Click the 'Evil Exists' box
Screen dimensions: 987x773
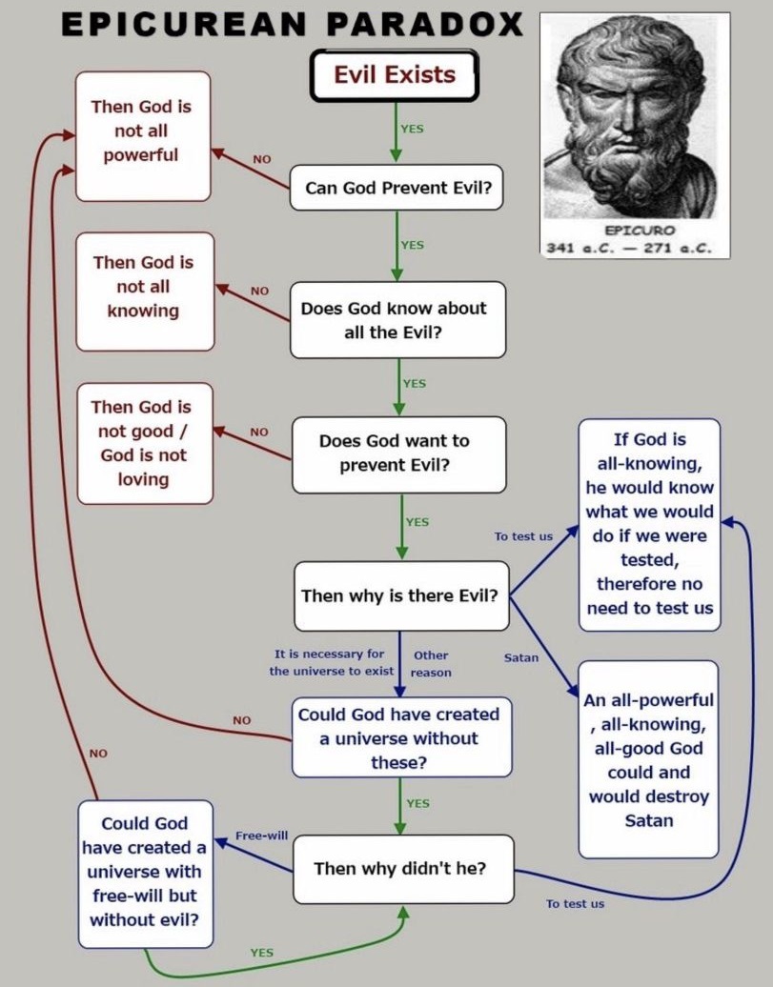click(x=394, y=75)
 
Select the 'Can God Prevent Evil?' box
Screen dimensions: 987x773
click(x=398, y=188)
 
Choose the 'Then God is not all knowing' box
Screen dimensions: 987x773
click(x=143, y=287)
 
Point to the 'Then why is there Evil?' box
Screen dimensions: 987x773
click(x=399, y=596)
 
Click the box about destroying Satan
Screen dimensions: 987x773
click(x=648, y=759)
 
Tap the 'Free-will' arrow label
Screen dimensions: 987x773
click(x=262, y=836)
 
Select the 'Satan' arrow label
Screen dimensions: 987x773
click(x=521, y=657)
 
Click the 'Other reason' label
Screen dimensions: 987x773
click(x=431, y=664)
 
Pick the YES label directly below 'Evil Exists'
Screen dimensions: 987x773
click(x=412, y=129)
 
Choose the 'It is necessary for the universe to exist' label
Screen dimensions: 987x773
click(x=330, y=663)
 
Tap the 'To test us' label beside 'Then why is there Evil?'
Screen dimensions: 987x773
click(x=523, y=536)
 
